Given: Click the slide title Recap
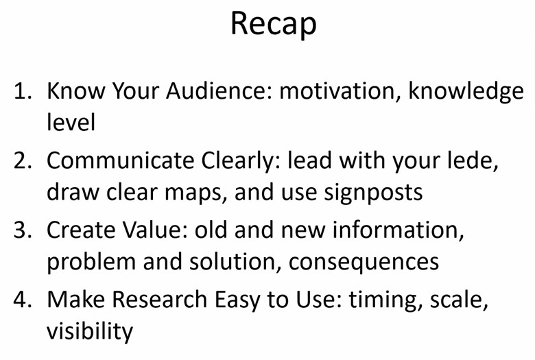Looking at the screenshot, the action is click(x=274, y=24).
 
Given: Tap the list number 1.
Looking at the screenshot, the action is click(x=22, y=91).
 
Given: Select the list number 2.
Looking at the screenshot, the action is click(x=23, y=160).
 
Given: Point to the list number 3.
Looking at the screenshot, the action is click(x=23, y=230).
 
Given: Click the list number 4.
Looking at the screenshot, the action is click(x=23, y=299).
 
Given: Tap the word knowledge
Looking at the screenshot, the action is click(x=466, y=93).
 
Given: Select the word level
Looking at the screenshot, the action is click(x=71, y=122).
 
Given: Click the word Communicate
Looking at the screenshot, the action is click(x=120, y=160).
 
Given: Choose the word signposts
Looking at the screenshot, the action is click(x=373, y=193).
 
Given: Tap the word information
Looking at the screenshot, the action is click(x=399, y=230).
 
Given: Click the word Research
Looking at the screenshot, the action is click(x=159, y=299).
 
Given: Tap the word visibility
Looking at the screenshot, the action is click(x=90, y=331).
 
